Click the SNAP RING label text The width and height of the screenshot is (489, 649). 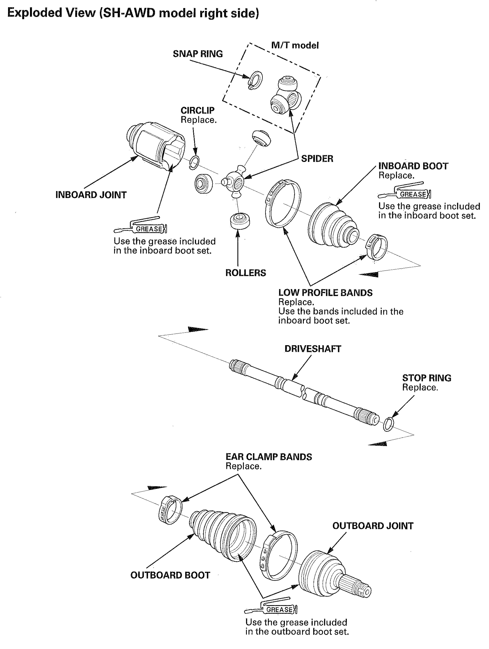(198, 54)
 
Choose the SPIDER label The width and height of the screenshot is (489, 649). (317, 159)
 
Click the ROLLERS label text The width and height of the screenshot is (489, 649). (245, 273)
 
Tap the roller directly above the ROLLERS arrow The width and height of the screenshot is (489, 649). (240, 221)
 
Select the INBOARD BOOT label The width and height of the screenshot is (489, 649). (413, 166)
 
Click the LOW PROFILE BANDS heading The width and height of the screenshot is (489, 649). (325, 293)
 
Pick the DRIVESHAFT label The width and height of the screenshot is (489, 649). (313, 349)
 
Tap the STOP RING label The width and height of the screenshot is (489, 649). (427, 378)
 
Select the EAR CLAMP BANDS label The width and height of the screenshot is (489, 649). (269, 457)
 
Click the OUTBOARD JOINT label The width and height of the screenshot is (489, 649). (373, 526)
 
